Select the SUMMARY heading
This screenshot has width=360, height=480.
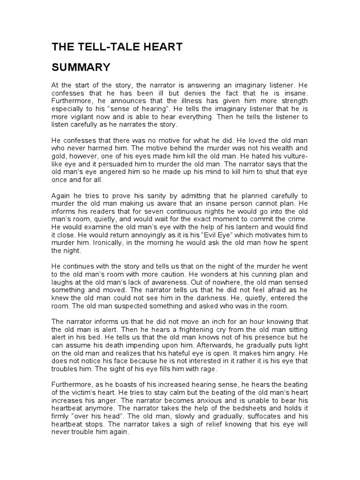click(x=81, y=67)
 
